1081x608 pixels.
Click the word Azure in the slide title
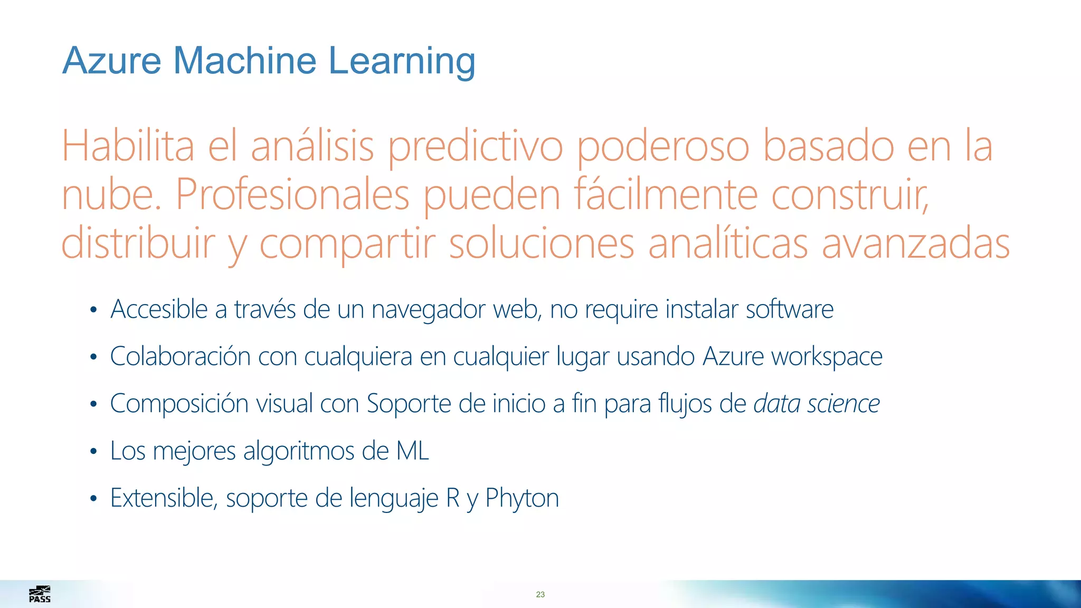112,61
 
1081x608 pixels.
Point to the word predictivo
476,148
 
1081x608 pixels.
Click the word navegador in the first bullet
428,310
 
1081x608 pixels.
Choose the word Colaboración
180,356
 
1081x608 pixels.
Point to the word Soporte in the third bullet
409,404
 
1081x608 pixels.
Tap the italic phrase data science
817,404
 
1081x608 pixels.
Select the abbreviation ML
412,451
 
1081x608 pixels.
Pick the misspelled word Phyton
521,498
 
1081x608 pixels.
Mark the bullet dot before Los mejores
93,452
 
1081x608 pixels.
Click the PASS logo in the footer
40,594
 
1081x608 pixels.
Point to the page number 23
540,594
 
